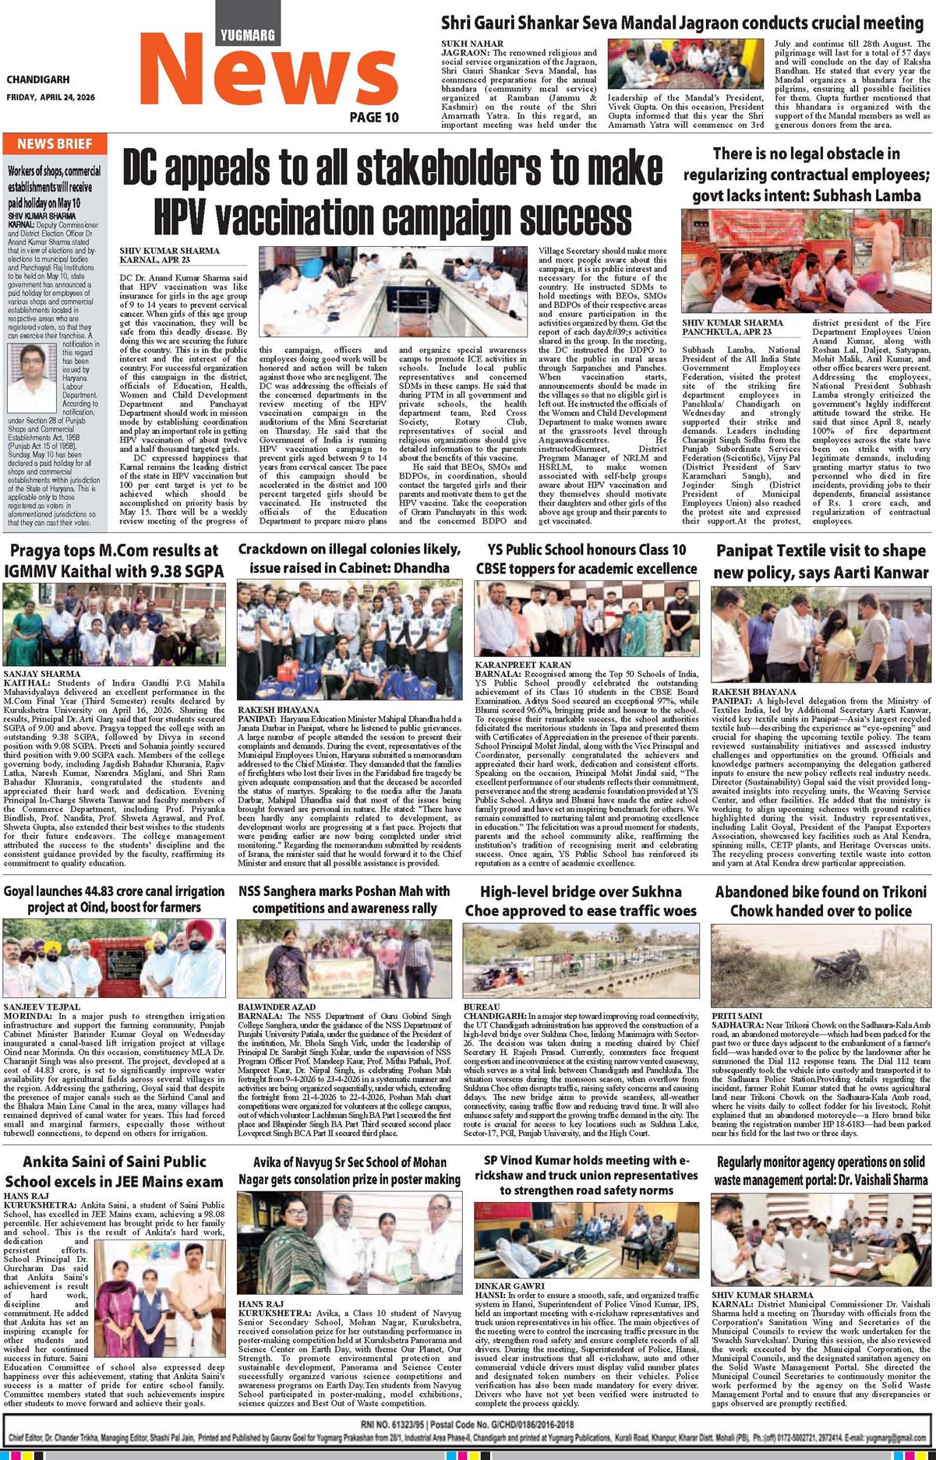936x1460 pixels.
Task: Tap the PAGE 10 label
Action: pyautogui.click(x=373, y=118)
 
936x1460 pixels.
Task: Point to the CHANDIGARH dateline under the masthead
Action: pyautogui.click(x=37, y=79)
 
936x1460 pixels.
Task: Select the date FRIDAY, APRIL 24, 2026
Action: pyautogui.click(x=50, y=97)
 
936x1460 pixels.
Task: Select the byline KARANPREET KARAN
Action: pyautogui.click(x=511, y=665)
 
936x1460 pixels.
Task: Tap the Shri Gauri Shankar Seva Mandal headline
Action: pyautogui.click(x=682, y=23)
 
